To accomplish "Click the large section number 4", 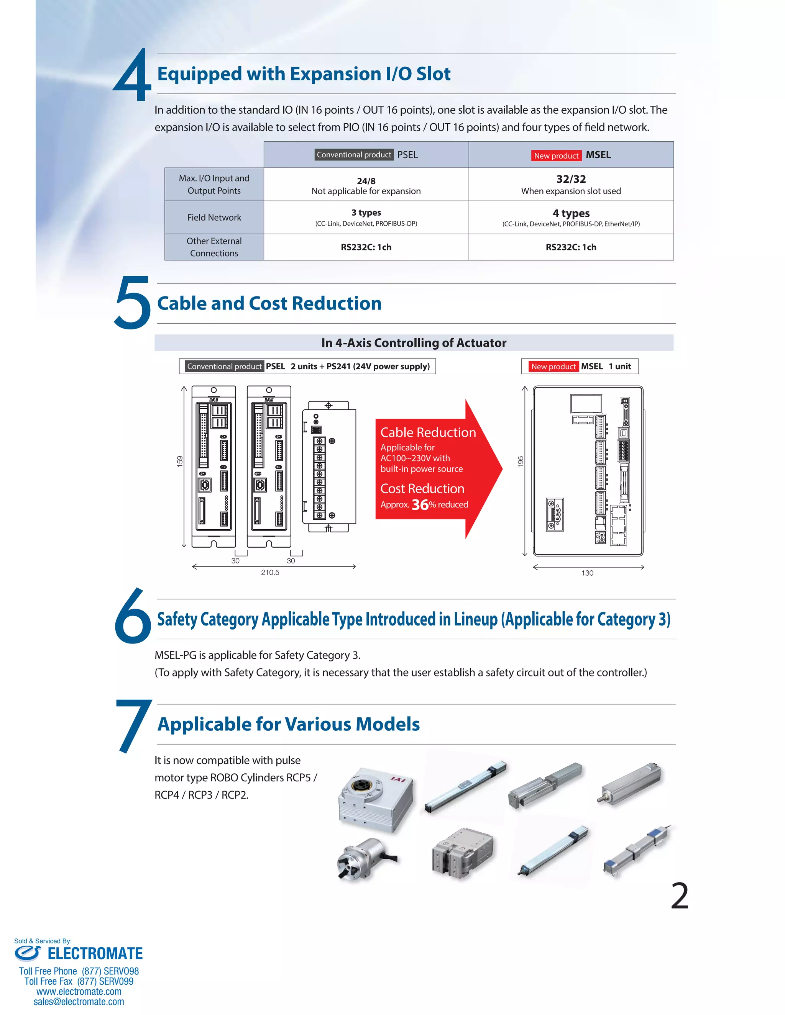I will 133,77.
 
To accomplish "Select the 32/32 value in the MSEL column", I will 571,179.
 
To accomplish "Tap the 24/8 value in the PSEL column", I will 366,181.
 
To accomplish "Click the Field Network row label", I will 214,218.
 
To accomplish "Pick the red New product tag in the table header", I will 556,156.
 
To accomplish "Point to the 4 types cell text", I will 571,213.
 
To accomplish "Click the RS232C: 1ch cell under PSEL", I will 366,247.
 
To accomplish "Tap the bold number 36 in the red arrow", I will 420,505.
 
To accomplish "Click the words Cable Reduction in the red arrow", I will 428,433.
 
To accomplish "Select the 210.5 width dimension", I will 270,573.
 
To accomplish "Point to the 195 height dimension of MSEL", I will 521,462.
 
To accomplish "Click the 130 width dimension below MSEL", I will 587,573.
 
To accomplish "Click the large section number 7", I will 133,725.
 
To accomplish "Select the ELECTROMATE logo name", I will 95,954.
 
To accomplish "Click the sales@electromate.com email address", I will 79,1002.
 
